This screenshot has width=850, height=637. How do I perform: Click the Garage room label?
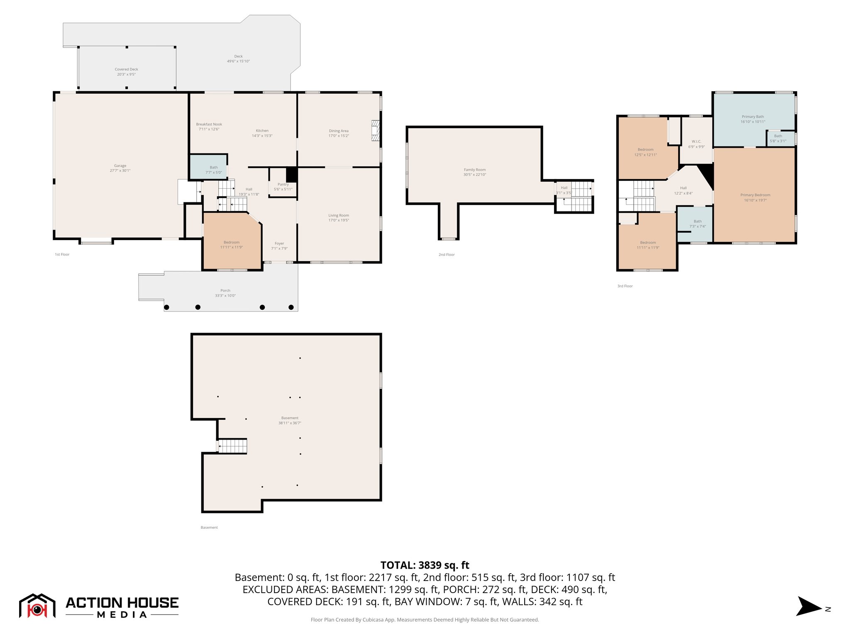[x=120, y=165]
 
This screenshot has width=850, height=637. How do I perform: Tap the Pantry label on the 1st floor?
[x=283, y=185]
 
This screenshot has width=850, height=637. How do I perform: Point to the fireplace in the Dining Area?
[x=376, y=131]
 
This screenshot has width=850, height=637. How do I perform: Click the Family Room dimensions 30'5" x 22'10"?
[x=475, y=175]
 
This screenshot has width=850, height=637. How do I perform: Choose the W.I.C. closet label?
[x=696, y=141]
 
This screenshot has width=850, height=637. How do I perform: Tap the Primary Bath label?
[x=753, y=117]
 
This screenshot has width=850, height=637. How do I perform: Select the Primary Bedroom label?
[x=755, y=195]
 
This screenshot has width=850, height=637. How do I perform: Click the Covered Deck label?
[x=126, y=69]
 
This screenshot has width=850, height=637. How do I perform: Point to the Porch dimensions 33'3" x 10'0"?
[x=225, y=296]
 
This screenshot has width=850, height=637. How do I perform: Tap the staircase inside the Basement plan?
[x=233, y=446]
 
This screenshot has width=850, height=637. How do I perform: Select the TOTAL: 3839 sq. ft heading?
[x=425, y=565]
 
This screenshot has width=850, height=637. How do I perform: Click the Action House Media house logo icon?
[x=37, y=606]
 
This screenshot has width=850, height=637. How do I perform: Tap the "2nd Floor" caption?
[x=447, y=255]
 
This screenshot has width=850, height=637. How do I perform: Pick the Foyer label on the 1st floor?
[x=279, y=243]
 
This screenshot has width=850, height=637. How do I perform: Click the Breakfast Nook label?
[x=209, y=124]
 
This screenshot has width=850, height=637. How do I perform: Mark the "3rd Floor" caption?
[x=625, y=286]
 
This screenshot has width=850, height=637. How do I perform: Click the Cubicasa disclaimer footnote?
[x=425, y=620]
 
